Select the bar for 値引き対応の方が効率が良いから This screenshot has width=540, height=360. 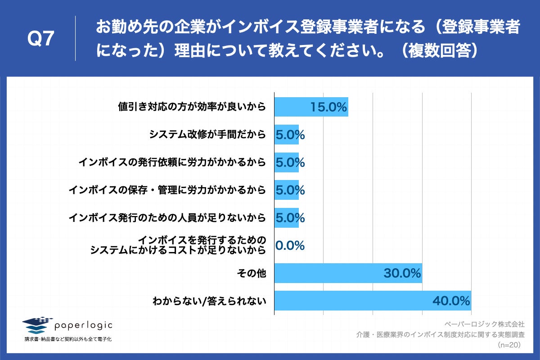(x=292, y=107)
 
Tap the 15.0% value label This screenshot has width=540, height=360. (x=328, y=107)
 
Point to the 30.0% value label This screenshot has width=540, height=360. (x=402, y=273)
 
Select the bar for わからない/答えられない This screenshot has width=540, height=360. (x=351, y=301)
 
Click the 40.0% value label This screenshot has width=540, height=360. (x=451, y=301)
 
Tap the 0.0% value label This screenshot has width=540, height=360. (x=290, y=246)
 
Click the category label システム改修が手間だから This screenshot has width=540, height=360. (x=207, y=135)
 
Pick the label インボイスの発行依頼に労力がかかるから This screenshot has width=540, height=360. (x=172, y=162)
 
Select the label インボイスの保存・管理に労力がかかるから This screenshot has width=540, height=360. (x=167, y=190)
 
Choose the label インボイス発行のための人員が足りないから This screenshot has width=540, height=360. (x=167, y=218)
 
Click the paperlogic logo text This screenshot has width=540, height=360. (x=83, y=325)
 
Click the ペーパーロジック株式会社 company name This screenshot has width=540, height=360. (x=484, y=324)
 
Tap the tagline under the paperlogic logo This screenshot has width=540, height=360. (x=68, y=339)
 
